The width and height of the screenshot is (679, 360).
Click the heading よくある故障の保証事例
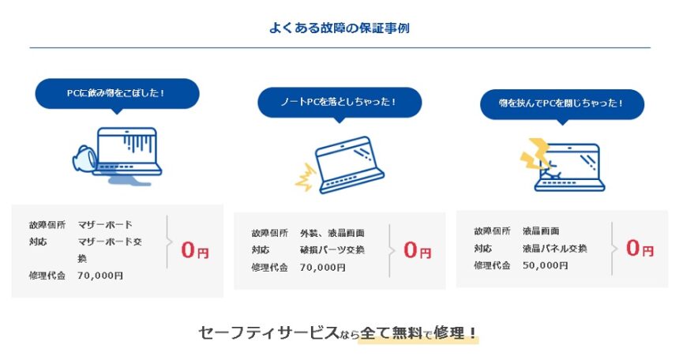pos(339,28)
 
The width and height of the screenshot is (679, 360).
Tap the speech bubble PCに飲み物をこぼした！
pos(117,94)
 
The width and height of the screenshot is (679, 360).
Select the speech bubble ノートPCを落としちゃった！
pos(339,103)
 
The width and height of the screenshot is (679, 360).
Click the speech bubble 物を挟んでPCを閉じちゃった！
pos(562,104)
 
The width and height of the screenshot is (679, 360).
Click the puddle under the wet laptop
pos(129,180)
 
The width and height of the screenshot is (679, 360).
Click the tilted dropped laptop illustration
pos(349,165)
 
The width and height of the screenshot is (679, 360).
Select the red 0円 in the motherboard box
pos(195,250)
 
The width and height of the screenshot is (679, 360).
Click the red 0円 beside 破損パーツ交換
pos(418,250)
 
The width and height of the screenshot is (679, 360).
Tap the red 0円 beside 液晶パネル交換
pos(640,248)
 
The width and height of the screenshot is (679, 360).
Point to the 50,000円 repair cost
pos(545,265)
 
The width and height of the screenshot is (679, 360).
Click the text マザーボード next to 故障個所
pos(105,225)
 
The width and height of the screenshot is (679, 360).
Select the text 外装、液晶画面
pos(332,233)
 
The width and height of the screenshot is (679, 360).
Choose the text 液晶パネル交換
pos(555,248)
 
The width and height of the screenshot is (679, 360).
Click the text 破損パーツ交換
pos(332,250)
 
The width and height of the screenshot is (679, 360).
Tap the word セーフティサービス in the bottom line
pos(268,332)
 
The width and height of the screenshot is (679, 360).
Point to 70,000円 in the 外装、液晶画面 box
pos(323,268)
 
